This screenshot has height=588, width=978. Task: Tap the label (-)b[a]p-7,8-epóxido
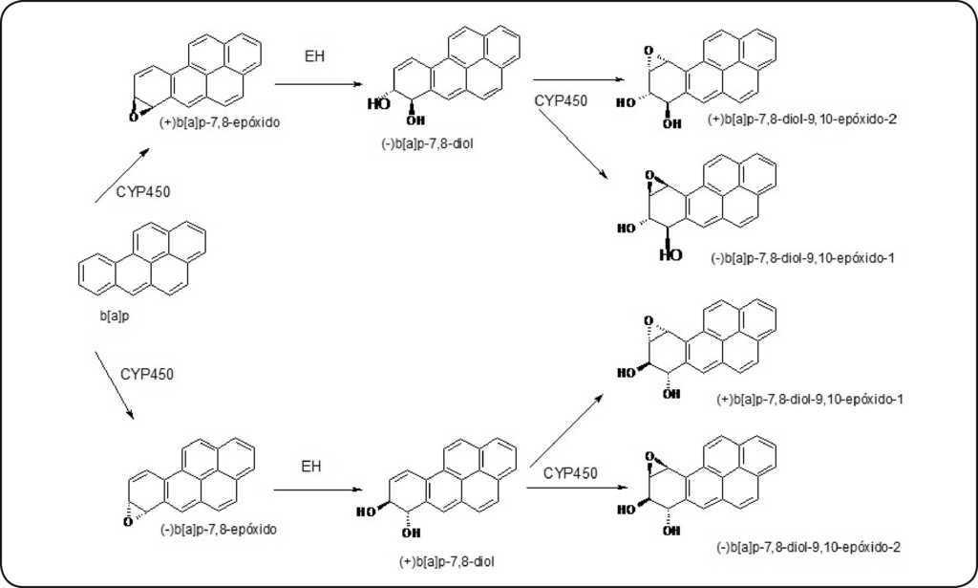(219, 527)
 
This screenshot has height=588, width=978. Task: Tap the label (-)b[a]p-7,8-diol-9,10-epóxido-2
(808, 546)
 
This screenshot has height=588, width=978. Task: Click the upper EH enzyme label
(314, 56)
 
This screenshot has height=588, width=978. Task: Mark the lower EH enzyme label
(312, 466)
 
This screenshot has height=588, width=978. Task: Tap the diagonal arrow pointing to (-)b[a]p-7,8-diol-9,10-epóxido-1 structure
(572, 143)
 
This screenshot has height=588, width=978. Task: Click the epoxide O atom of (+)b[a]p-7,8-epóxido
(135, 116)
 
